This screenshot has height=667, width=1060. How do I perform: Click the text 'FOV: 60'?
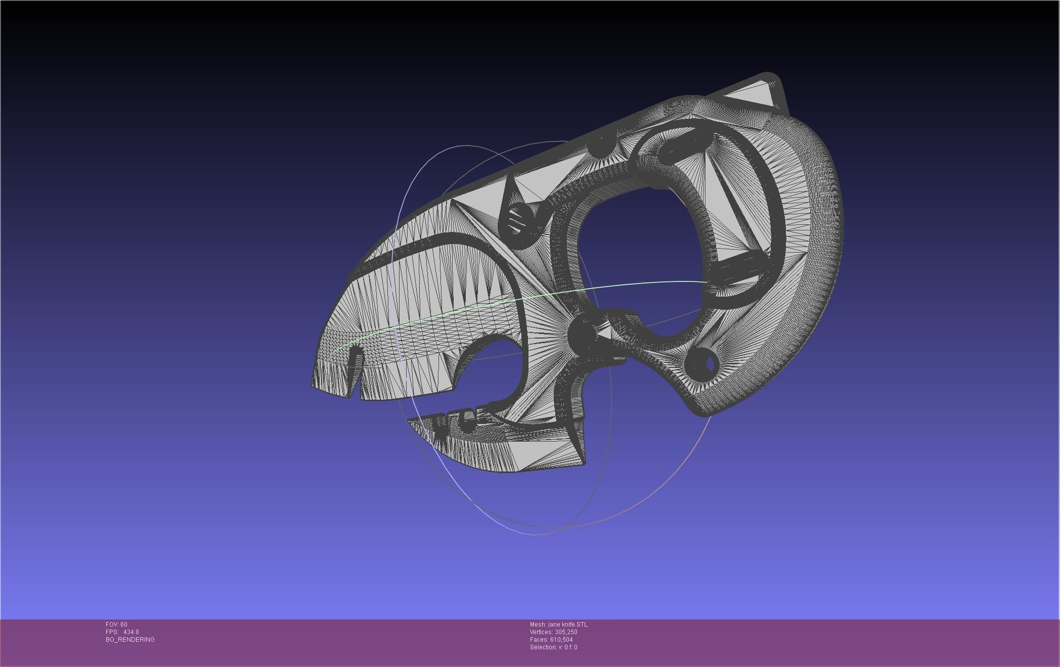116,625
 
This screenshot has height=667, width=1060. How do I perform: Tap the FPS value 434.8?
130,632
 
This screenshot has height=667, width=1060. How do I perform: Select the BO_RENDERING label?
130,640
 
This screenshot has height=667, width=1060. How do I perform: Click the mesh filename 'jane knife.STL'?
567,625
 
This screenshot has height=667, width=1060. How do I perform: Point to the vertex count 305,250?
566,632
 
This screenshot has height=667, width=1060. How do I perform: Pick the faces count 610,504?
561,640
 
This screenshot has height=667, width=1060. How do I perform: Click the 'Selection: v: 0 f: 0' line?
553,647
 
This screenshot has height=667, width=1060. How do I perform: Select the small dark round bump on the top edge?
601,145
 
